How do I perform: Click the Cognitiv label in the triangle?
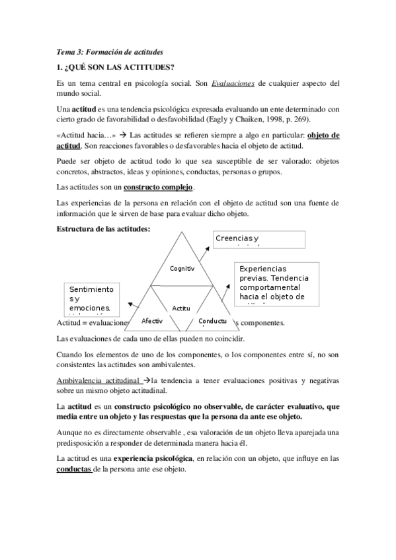(182, 269)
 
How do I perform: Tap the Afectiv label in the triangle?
(152, 320)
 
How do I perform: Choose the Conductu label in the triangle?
(213, 321)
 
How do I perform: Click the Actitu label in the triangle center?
(181, 308)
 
